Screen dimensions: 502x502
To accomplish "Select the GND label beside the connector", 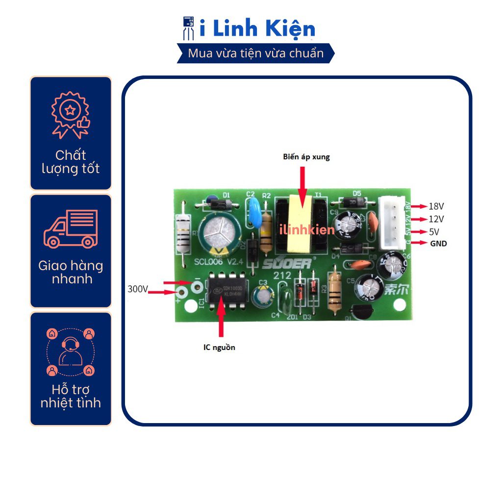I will (439, 243).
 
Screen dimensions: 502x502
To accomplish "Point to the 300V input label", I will (137, 289).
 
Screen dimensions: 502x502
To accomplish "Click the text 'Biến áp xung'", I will (306, 157).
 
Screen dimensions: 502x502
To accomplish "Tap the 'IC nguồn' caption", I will (220, 347).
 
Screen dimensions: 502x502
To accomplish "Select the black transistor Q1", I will (364, 313).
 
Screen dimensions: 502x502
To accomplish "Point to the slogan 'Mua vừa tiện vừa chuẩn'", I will (256, 53).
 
